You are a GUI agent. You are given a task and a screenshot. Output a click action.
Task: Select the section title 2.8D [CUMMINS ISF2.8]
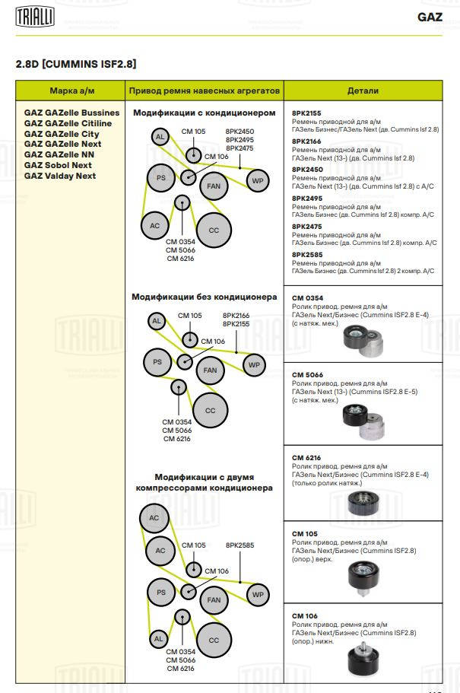pyautogui.click(x=76, y=65)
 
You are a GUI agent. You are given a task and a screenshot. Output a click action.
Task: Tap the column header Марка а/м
pyautogui.click(x=71, y=91)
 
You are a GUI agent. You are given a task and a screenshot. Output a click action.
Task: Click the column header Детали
pyautogui.click(x=363, y=91)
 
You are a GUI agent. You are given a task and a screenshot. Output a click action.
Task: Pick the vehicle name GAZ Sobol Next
pyautogui.click(x=58, y=165)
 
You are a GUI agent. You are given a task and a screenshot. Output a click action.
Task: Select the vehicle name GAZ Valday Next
pyautogui.click(x=60, y=176)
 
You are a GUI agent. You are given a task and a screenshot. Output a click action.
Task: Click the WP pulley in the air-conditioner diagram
pyautogui.click(x=257, y=180)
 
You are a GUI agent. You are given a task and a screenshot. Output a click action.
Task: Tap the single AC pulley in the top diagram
pyautogui.click(x=154, y=225)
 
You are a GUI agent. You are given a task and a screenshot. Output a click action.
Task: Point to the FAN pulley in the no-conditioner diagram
pyautogui.click(x=210, y=370)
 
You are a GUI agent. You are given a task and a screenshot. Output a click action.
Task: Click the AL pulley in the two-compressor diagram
pyautogui.click(x=158, y=639)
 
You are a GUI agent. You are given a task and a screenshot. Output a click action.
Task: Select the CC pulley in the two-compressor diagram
pyautogui.click(x=214, y=640)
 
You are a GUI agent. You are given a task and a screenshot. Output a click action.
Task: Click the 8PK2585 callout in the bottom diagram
pyautogui.click(x=240, y=545)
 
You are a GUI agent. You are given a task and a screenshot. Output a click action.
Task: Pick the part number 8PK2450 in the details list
pyautogui.click(x=307, y=169)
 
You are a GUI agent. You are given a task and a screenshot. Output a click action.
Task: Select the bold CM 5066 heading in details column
pyautogui.click(x=306, y=374)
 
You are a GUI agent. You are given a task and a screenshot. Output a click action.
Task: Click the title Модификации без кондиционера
pyautogui.click(x=205, y=297)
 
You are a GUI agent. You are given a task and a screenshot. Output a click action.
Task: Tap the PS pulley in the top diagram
pyautogui.click(x=161, y=178)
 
